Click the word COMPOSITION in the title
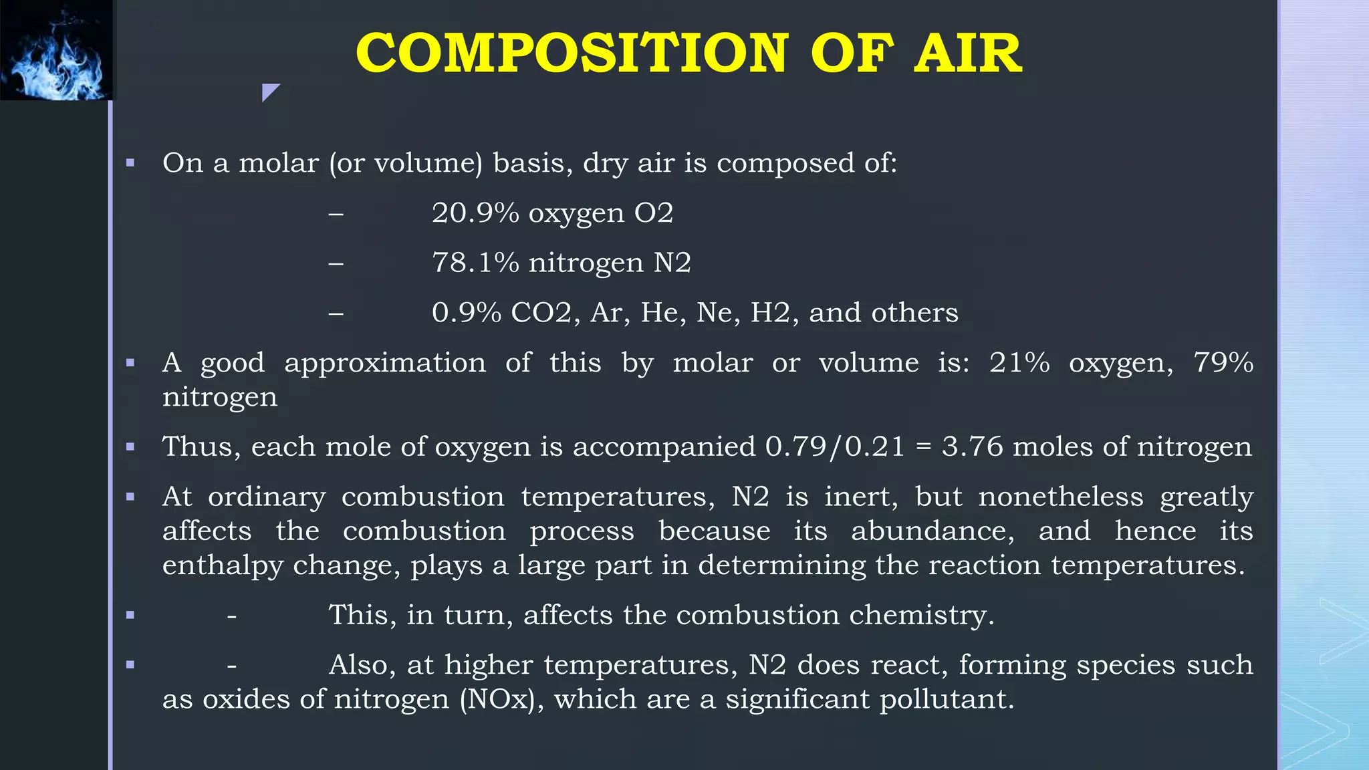(572, 53)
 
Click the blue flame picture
(57, 50)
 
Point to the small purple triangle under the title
(269, 91)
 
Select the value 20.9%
(475, 213)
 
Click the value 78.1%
(475, 263)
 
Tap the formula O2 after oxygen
(653, 213)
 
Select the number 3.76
(972, 446)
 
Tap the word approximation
(385, 363)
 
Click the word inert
(861, 497)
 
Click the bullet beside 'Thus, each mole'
(130, 446)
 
